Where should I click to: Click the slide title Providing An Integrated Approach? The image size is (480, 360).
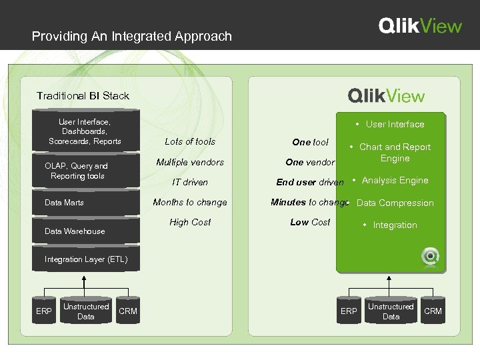pos(132,36)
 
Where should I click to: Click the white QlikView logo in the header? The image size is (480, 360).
pos(420,26)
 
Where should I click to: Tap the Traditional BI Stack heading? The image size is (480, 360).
pos(83,96)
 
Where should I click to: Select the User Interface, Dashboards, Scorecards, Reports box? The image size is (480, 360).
pos(85,131)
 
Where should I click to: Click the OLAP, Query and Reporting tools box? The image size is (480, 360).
pos(77,171)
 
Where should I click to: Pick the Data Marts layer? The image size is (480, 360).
pos(64,203)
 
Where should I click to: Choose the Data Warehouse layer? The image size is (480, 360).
pos(74,231)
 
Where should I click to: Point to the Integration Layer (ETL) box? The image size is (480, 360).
pos(85,259)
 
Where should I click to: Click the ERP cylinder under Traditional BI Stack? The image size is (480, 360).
pos(43,311)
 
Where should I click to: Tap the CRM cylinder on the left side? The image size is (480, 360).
pos(128,311)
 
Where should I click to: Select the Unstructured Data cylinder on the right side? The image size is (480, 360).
pos(391,311)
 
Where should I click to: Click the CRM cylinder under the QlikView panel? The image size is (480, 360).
pos(433,311)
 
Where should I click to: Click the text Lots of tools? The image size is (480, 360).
pos(190,141)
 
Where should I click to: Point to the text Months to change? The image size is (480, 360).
pos(190,203)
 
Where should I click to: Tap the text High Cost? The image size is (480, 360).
pos(190,223)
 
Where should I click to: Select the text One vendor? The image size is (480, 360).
pos(310,162)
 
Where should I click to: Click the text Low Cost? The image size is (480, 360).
pos(310,223)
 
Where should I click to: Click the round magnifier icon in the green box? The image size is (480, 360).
pos(430,255)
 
